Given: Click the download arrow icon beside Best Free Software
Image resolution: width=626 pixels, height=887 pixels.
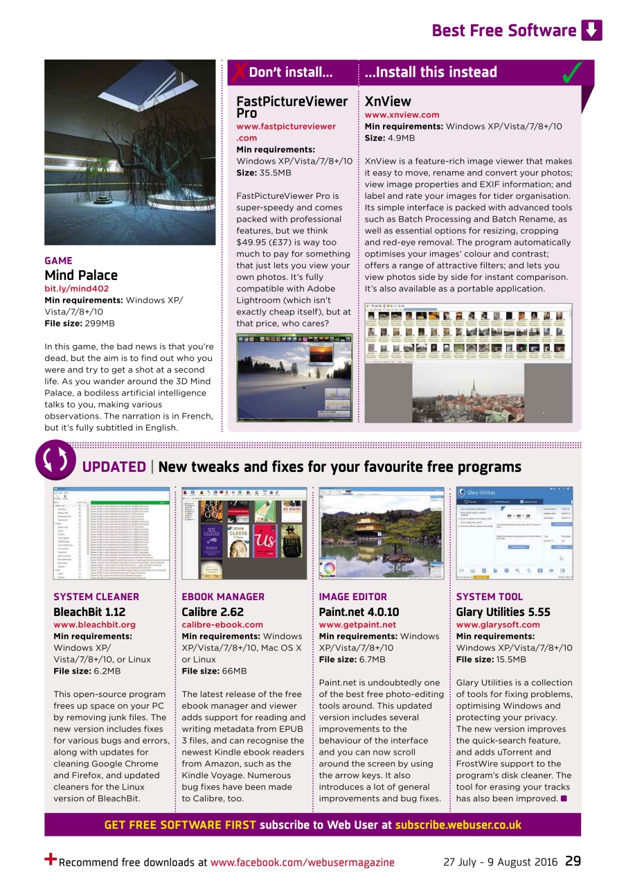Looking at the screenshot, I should (x=591, y=30).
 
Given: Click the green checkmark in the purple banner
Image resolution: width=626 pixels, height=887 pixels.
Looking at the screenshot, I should (x=572, y=73).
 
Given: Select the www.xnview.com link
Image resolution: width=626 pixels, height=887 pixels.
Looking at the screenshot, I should (x=402, y=115).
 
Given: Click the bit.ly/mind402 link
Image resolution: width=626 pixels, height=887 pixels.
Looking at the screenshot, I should (x=76, y=288).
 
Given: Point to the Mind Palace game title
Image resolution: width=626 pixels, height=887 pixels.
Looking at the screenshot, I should (x=81, y=275).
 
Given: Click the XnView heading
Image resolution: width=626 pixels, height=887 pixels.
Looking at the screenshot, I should (x=388, y=101).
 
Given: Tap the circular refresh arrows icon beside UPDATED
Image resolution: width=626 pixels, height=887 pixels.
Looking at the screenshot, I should (x=55, y=460).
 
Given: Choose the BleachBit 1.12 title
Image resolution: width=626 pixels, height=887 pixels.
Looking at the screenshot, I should (x=89, y=612).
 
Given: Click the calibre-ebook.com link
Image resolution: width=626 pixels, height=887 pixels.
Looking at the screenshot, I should (x=222, y=624).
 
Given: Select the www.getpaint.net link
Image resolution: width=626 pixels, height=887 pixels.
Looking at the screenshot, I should (x=357, y=624).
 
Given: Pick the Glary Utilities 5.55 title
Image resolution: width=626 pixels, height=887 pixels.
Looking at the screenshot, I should (x=503, y=612).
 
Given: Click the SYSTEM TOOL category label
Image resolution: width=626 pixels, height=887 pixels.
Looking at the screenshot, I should (x=489, y=597).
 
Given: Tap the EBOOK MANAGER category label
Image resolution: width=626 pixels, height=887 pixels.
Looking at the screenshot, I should (x=222, y=597).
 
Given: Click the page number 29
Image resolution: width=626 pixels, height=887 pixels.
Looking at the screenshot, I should (x=573, y=861).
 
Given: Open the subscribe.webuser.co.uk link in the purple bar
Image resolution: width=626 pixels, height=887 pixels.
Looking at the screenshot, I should (x=458, y=825).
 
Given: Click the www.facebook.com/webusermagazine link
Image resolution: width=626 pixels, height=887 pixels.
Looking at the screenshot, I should (x=302, y=863).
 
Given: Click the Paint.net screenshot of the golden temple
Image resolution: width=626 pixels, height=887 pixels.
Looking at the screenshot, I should (x=381, y=532).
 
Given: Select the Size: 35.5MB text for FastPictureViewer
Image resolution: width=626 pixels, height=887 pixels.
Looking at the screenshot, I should (x=264, y=173).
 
